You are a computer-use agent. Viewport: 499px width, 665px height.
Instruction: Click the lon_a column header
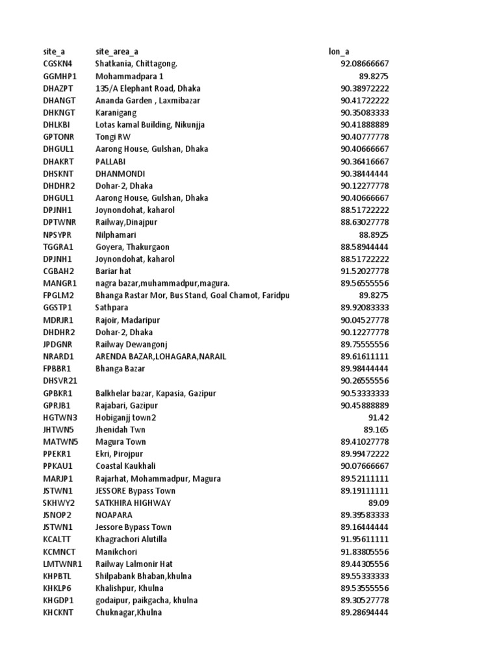coord(340,51)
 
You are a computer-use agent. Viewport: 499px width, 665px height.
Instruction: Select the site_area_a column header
coord(116,51)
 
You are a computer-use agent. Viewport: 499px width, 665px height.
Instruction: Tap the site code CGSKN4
coord(58,64)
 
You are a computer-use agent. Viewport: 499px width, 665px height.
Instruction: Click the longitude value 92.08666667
coord(365,64)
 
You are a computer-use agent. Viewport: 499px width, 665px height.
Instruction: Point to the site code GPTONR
coord(58,137)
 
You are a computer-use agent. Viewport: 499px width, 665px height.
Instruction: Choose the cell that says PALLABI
coord(110,161)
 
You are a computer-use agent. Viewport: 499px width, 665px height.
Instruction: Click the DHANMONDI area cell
coord(120,173)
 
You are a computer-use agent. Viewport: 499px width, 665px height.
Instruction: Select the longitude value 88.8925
coord(374,234)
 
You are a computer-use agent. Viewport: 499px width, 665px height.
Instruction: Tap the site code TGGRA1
coord(58,247)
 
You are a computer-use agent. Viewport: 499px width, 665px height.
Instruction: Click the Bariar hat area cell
coord(113,271)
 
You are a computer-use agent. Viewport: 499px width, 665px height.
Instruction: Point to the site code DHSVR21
coord(60,381)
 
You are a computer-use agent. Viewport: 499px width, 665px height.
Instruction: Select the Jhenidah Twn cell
coord(120,430)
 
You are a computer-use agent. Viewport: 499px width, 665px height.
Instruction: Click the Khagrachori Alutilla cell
coord(131,540)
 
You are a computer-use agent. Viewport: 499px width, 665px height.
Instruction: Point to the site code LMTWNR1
coord(62,564)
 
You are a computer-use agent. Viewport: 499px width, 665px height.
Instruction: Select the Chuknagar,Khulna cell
coord(129,612)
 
